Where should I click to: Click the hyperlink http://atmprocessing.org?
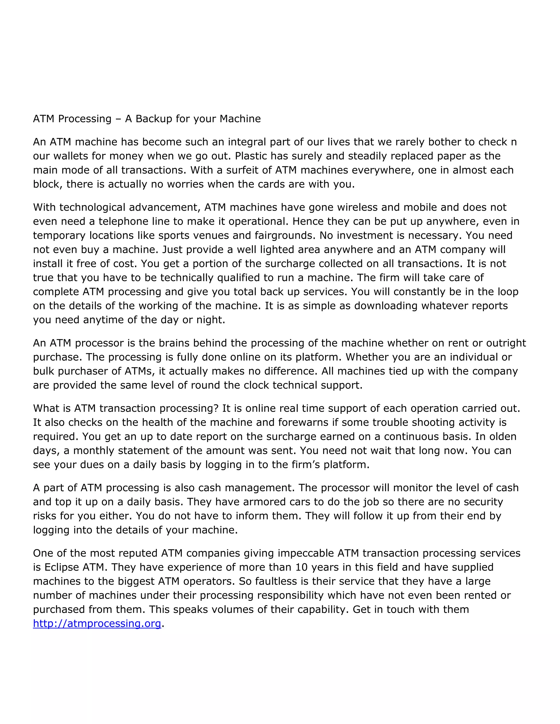pyautogui.click(x=97, y=623)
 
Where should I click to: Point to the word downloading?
pyautogui.click(x=386, y=306)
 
